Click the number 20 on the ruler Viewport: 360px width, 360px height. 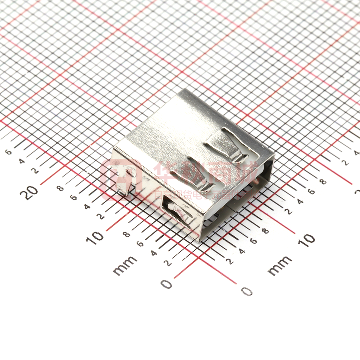coord(31,192)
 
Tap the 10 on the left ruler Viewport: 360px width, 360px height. coord(96,237)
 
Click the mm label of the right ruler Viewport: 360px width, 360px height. coord(279,265)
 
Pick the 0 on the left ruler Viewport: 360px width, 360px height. coord(166,284)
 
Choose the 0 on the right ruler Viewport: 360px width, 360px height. coord(247,291)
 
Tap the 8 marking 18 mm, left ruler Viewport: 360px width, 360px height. coord(60,188)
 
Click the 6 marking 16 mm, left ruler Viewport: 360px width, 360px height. coord(74,197)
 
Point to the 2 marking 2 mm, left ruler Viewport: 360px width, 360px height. coord(168,262)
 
